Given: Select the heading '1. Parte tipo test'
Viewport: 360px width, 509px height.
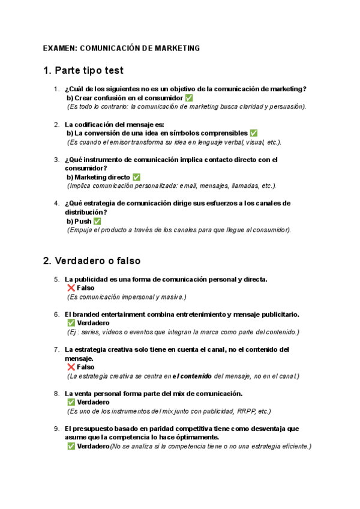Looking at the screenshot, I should [83, 71].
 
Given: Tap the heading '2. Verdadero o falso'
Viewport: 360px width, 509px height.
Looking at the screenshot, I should [92, 261].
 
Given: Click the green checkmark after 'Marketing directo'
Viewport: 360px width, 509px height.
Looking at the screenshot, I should [136, 177].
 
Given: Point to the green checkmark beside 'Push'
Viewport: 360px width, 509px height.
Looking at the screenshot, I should [97, 221].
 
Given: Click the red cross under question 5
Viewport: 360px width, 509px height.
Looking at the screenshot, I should [71, 288].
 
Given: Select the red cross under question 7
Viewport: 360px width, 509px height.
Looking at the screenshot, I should [71, 367].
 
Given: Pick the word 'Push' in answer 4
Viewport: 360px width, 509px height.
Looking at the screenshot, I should [83, 221].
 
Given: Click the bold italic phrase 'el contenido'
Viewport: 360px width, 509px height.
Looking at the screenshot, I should [191, 376].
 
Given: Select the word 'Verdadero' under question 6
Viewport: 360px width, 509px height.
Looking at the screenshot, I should [93, 323].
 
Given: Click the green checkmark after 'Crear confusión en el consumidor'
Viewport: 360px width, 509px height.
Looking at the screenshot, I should [189, 98].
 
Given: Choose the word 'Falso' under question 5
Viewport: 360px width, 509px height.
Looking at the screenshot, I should [86, 288].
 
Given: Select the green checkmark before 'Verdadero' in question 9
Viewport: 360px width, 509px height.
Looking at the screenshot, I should [71, 446].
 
